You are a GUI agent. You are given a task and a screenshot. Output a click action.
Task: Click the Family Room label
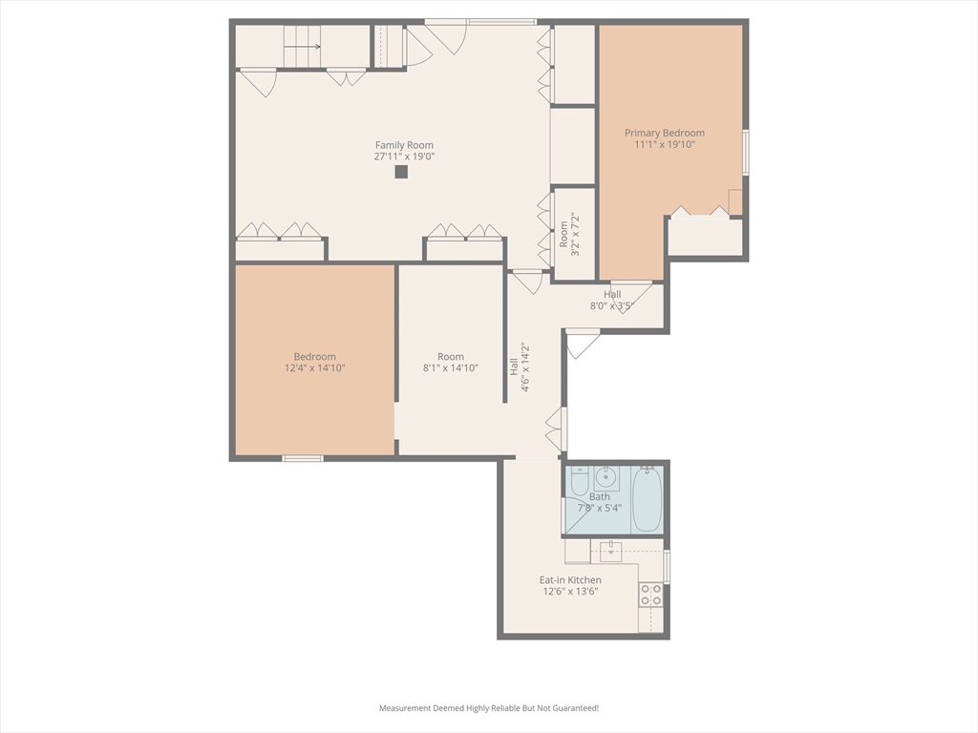coord(404,145)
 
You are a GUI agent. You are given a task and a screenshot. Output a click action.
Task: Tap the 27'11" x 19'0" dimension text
coord(404,157)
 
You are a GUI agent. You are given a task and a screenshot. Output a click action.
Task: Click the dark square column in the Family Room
coord(401,172)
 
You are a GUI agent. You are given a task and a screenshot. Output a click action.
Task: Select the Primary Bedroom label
coord(665,133)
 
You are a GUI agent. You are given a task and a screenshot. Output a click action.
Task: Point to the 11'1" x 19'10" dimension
coord(665,145)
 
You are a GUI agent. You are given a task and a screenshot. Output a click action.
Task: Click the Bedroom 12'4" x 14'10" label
coord(315,362)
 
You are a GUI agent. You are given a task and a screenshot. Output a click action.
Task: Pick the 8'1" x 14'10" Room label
coord(451,362)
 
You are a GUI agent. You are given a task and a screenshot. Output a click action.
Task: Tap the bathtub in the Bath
coord(647,498)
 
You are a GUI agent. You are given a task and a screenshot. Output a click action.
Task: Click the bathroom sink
coord(605,478)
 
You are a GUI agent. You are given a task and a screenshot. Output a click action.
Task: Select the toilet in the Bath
coord(578,480)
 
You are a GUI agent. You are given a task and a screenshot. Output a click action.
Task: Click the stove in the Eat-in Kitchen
coord(650,595)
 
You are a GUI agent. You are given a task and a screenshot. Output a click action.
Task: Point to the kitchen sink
coord(610,550)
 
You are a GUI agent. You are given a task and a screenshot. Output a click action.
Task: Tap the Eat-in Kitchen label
coord(571,579)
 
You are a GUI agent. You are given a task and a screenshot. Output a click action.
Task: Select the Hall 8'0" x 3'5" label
coord(612,300)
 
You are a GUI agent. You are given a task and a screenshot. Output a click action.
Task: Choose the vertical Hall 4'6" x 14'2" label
coord(519,367)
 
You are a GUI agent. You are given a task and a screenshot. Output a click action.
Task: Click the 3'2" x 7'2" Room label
coord(569,235)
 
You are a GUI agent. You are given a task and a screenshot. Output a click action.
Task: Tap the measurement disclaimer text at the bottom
coord(489,708)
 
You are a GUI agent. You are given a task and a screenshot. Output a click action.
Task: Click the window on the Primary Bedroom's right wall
coord(746,152)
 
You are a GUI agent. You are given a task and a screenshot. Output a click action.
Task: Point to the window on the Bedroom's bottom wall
coord(303,459)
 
